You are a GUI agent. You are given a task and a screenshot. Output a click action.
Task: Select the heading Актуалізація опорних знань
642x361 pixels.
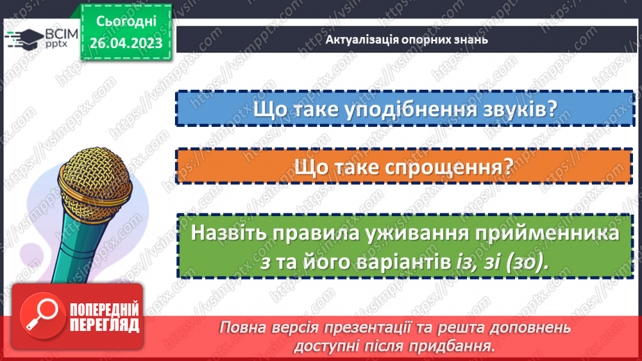tap(406, 39)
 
